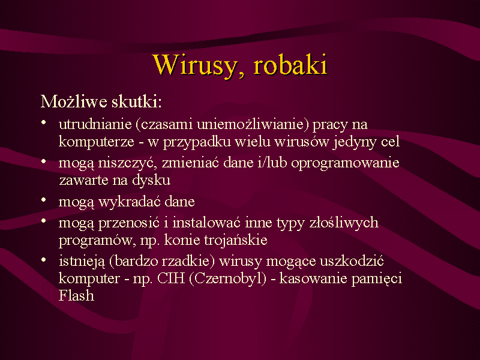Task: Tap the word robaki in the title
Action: [x=290, y=65]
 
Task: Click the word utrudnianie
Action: [x=95, y=124]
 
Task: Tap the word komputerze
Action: [x=97, y=142]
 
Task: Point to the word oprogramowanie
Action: [x=345, y=163]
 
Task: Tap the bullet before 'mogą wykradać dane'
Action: [x=44, y=200]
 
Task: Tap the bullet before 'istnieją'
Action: [x=44, y=260]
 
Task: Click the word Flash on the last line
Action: [x=76, y=295]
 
